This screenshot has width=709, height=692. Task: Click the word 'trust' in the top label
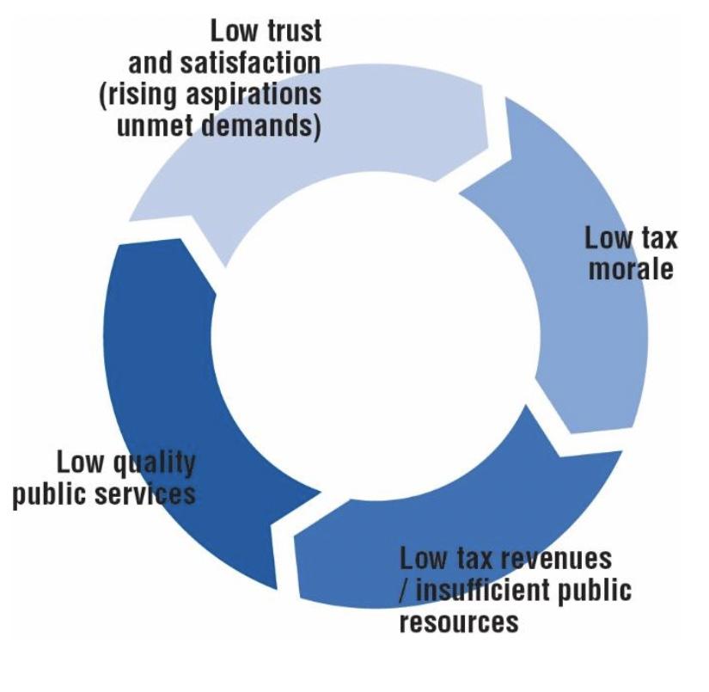click(x=289, y=31)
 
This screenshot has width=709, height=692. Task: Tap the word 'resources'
click(x=459, y=621)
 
